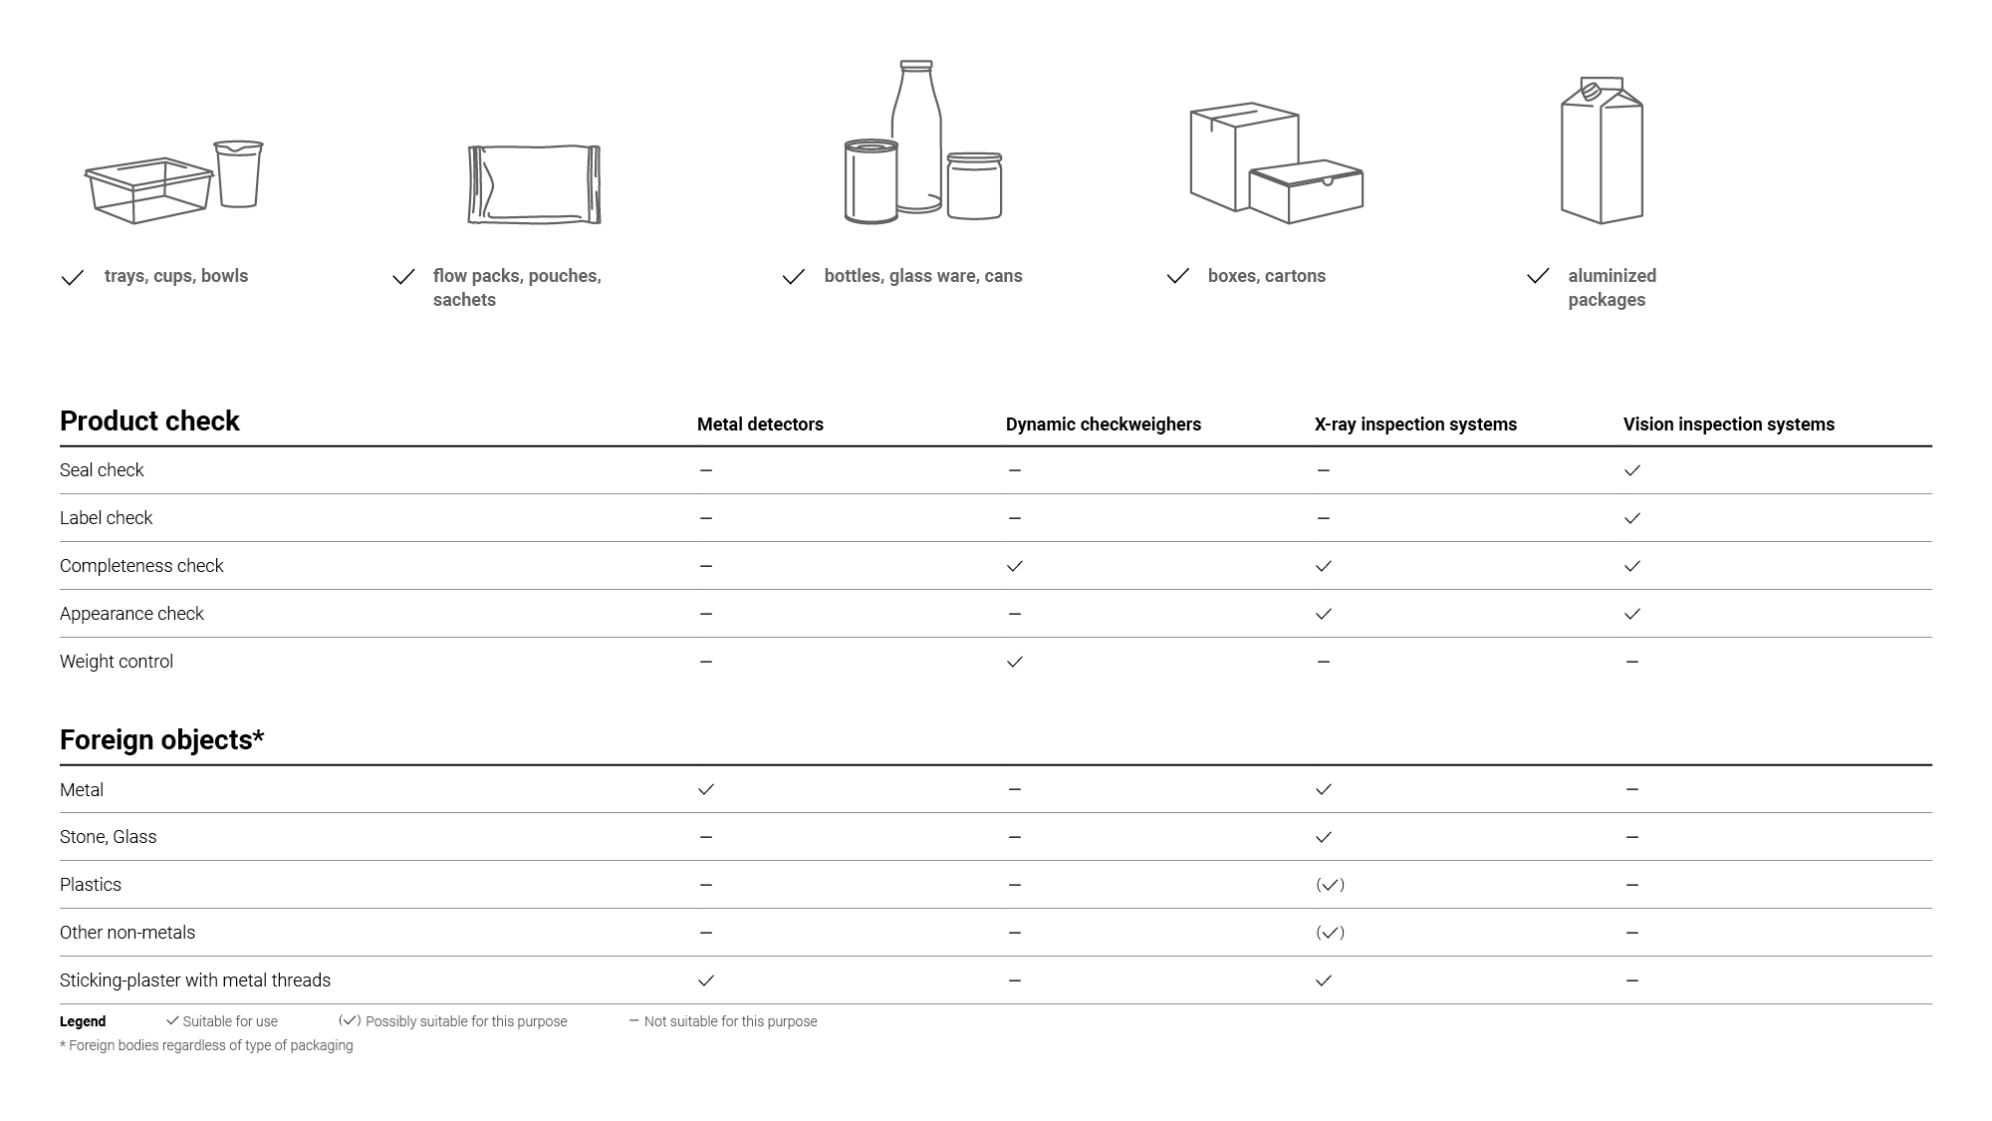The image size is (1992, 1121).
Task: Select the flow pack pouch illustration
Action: pos(535,184)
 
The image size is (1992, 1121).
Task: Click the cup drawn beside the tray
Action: pos(239,173)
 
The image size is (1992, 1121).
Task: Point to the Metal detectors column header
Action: pos(760,424)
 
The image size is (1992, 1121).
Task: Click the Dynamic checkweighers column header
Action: pos(1103,424)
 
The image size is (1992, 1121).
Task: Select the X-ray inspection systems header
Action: pos(1415,424)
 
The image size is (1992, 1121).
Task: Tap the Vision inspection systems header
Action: pos(1728,424)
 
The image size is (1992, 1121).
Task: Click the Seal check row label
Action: pos(102,470)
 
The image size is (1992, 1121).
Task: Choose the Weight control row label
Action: pos(117,662)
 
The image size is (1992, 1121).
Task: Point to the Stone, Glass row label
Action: pos(108,837)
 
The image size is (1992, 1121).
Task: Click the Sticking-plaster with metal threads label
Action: pos(195,981)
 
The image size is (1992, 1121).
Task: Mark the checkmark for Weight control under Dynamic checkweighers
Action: pos(1014,662)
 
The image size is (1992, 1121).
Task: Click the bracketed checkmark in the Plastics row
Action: pos(1330,885)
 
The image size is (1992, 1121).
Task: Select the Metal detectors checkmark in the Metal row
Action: pos(706,789)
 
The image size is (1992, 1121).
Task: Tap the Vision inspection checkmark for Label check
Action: pos(1631,518)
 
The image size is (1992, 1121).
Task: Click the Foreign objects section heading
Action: pos(161,740)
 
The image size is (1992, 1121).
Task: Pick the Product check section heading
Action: pos(149,421)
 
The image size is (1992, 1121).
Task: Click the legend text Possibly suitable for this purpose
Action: pos(466,1021)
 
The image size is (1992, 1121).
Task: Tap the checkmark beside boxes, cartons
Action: pos(1178,276)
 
